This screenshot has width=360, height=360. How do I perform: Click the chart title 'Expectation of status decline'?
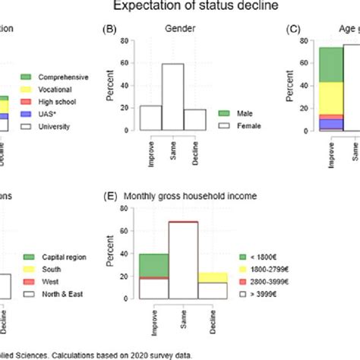click(179, 7)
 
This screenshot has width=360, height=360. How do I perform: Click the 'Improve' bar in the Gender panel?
click(150, 118)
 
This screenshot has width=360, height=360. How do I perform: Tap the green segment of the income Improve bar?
click(154, 265)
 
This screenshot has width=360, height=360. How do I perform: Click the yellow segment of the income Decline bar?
click(212, 278)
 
